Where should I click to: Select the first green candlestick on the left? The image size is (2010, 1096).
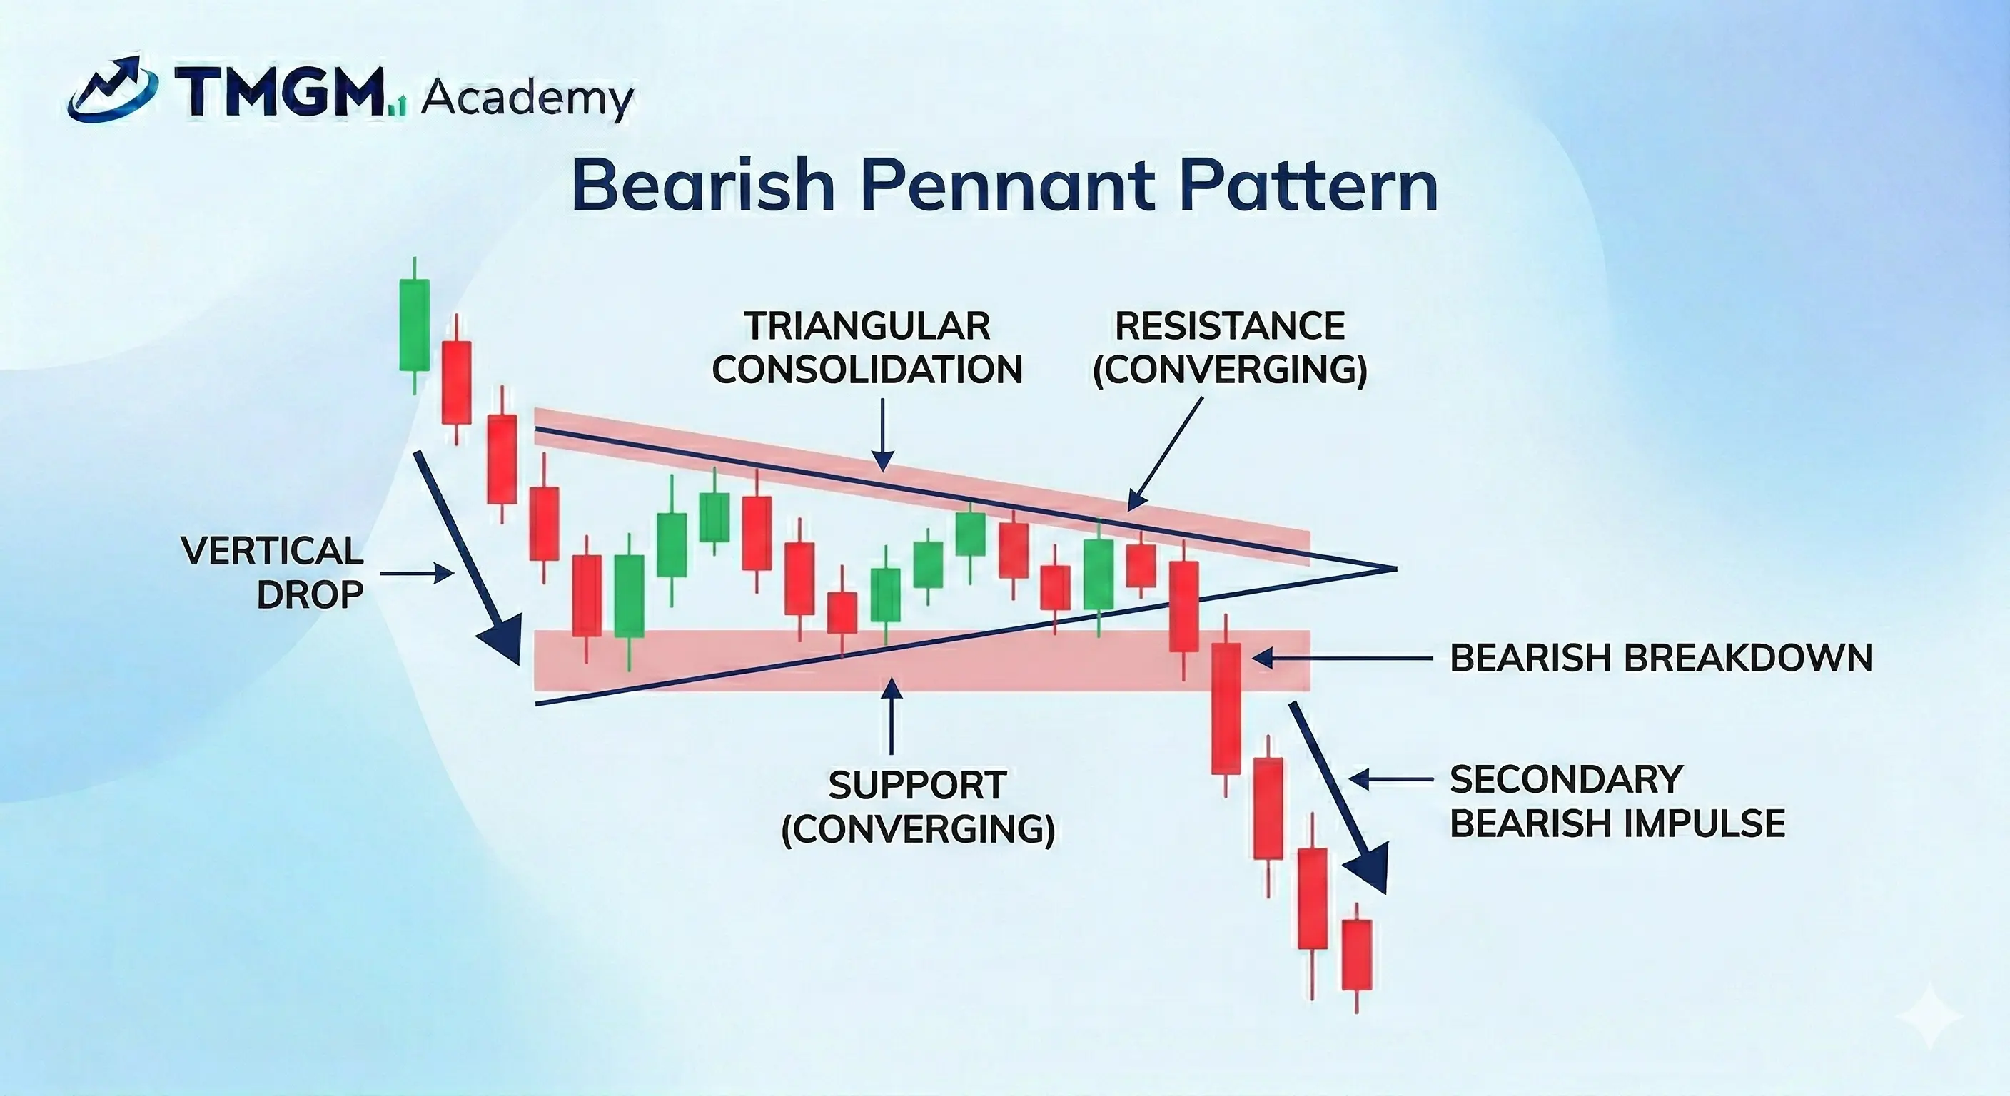413,325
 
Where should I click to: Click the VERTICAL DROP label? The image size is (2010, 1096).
273,572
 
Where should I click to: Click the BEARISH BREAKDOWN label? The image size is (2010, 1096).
1660,659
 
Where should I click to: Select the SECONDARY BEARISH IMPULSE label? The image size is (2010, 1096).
1617,801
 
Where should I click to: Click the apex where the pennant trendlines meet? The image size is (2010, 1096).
1393,569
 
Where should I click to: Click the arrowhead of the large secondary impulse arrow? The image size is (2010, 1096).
1370,868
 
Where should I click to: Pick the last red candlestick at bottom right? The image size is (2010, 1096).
1357,955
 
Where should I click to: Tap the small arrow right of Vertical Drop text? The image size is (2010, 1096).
417,574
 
